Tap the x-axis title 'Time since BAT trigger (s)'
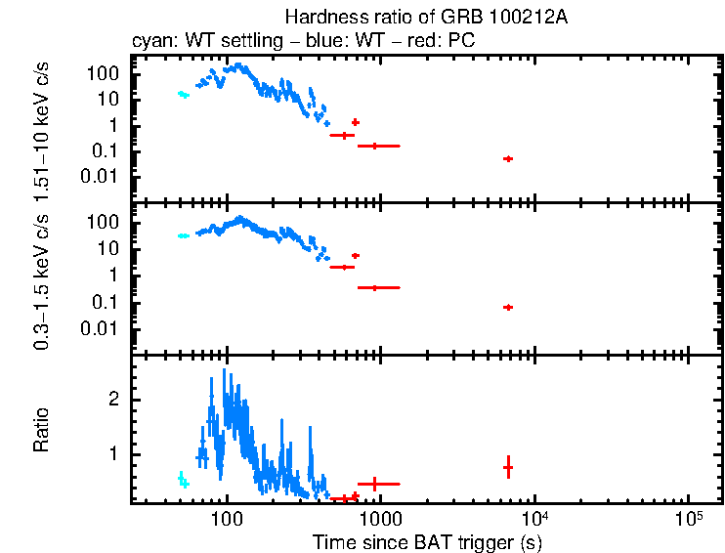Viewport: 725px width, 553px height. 427,541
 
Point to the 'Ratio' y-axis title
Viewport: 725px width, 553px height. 41,430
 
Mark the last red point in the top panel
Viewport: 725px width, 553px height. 508,158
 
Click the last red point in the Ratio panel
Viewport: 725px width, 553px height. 508,468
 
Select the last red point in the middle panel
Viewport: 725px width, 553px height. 508,307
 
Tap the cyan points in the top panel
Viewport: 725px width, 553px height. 183,95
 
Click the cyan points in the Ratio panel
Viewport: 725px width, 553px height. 183,480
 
